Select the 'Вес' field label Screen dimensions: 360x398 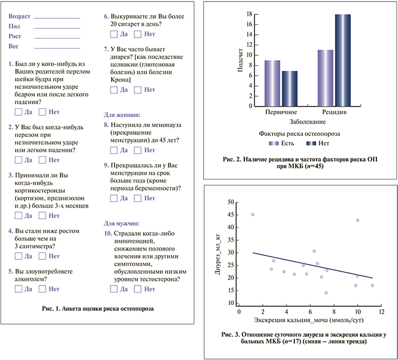tap(14, 47)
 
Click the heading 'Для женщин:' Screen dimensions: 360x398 tap(122, 115)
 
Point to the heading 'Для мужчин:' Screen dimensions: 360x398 tap(122, 223)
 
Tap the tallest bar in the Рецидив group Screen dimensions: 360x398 tap(343, 61)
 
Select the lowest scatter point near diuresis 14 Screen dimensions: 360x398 tap(326, 293)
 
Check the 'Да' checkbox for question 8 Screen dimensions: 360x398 tap(114, 150)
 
